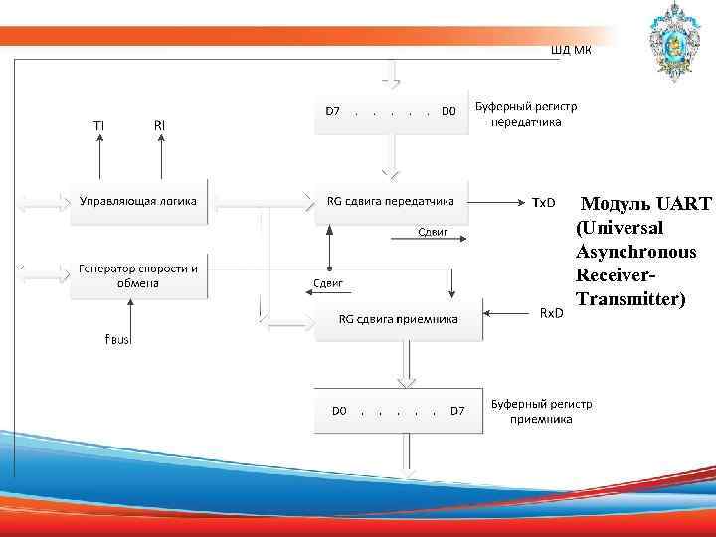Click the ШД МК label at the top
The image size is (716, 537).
(x=570, y=50)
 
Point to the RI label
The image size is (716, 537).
(x=159, y=125)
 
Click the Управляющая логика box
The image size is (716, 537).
(x=138, y=202)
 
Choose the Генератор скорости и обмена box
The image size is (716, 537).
(x=138, y=275)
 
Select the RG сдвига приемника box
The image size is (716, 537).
(x=398, y=319)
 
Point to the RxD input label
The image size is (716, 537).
(x=550, y=313)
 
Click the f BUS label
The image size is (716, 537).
(x=117, y=339)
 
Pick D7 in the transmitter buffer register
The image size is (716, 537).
(x=333, y=111)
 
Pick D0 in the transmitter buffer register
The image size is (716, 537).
(x=448, y=111)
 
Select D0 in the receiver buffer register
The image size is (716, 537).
(x=339, y=410)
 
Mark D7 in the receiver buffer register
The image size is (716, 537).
(x=456, y=410)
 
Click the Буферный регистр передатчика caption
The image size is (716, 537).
(x=526, y=114)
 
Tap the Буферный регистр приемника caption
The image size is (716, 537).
(x=541, y=412)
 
